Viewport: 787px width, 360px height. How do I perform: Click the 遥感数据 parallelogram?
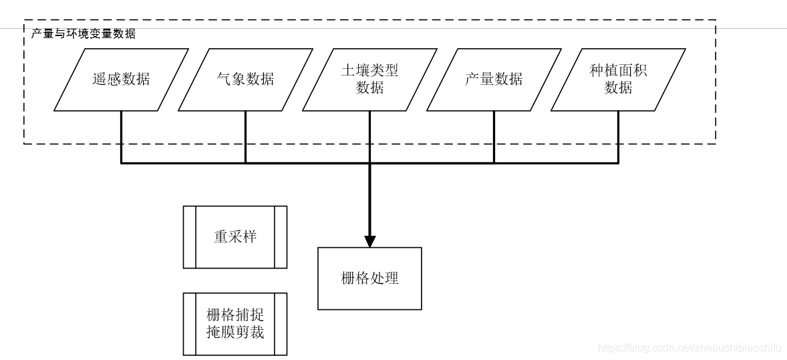[121, 79]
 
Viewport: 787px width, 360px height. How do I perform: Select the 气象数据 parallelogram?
[245, 79]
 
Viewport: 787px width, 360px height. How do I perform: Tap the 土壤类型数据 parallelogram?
[369, 79]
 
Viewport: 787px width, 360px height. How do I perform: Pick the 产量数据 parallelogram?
[494, 79]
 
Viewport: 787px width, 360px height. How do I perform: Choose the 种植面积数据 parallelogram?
[618, 79]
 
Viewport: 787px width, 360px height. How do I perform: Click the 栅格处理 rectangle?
[369, 279]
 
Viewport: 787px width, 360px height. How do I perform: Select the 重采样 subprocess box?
[235, 237]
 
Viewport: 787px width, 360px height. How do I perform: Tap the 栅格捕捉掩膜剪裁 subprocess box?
[235, 324]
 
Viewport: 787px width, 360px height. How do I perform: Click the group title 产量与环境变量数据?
[84, 33]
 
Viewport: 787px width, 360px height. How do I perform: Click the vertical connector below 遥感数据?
[121, 136]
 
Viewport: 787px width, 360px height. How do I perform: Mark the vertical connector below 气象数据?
[245, 136]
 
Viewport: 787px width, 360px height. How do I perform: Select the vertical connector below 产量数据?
[494, 136]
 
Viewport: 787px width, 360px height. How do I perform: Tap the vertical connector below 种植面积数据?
[618, 136]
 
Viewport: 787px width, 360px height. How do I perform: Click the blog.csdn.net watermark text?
[689, 348]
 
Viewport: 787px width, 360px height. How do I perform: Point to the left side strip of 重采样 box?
[189, 237]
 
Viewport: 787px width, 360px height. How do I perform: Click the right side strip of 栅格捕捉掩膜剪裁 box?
[281, 324]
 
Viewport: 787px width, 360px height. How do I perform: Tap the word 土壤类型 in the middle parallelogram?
[369, 71]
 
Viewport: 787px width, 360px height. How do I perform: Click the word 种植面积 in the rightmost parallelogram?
[618, 71]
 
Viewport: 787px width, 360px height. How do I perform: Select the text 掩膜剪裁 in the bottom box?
[235, 332]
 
